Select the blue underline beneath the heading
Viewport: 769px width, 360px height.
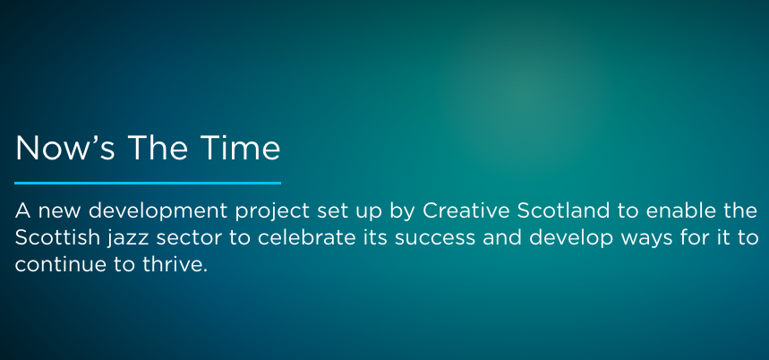[148, 183]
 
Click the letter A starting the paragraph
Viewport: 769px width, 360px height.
[22, 212]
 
